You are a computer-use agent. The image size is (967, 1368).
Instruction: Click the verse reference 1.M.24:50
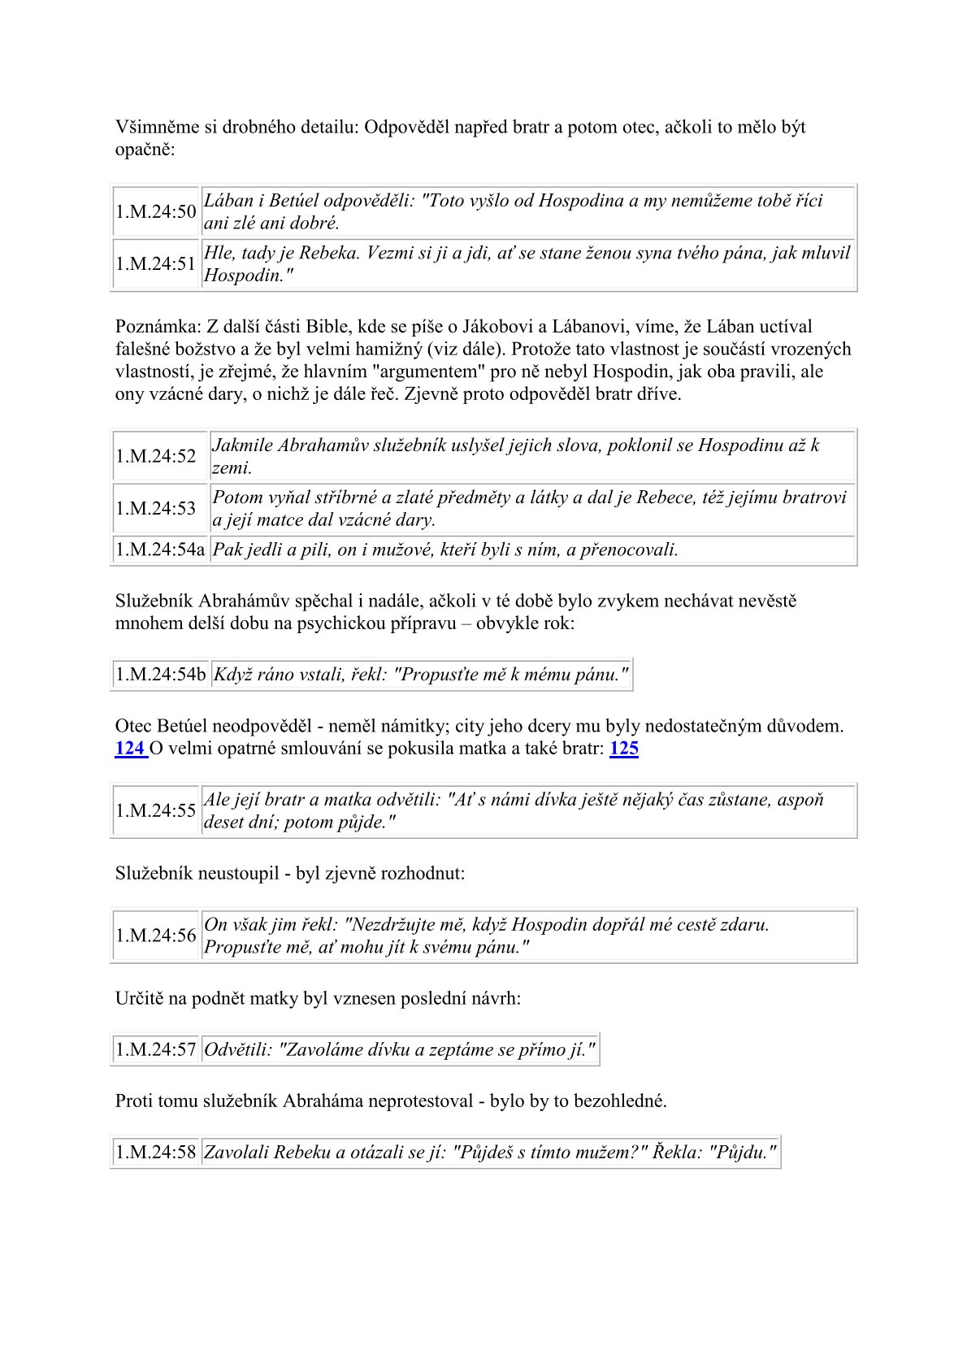tap(155, 211)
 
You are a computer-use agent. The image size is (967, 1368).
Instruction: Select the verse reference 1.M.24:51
tap(155, 263)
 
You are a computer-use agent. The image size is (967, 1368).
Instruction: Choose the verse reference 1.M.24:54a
tap(160, 549)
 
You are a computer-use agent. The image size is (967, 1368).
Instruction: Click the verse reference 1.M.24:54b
tap(160, 674)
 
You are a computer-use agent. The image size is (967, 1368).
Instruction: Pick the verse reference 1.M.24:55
tap(155, 810)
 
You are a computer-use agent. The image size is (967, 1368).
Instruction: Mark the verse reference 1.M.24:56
tap(155, 936)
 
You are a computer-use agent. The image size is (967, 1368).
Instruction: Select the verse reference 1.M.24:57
tap(155, 1049)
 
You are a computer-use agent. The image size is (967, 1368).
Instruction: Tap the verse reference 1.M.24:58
tap(155, 1152)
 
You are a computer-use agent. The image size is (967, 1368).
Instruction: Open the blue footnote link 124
tap(130, 748)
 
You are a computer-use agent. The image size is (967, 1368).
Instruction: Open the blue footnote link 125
tap(623, 748)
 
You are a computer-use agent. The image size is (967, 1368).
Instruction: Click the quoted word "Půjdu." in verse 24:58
tap(742, 1152)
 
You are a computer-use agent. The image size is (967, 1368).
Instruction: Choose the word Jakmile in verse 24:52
tap(242, 445)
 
